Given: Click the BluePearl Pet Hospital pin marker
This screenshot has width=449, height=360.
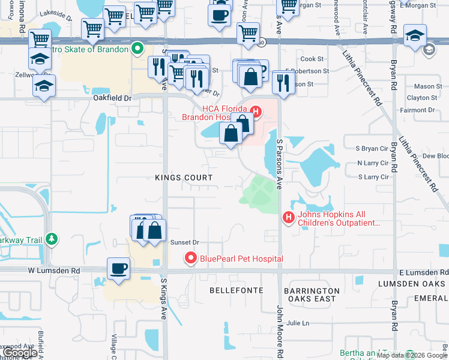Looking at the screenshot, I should [x=191, y=259].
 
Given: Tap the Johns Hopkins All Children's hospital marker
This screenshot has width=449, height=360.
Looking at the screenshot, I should [x=288, y=217].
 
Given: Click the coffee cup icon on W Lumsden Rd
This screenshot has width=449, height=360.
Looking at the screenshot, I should [x=119, y=268].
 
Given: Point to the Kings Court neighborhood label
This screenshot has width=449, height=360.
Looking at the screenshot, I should [x=184, y=178].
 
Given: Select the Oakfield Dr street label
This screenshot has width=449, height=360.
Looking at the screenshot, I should [x=112, y=97].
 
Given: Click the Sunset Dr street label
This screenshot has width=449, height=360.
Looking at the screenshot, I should [x=184, y=242].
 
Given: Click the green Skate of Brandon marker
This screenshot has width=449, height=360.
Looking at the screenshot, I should [x=137, y=48].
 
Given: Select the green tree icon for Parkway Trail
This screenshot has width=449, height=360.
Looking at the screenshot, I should [x=52, y=240].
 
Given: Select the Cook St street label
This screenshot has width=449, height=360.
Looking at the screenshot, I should [x=312, y=59].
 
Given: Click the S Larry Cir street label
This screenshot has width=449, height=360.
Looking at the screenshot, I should [x=373, y=177].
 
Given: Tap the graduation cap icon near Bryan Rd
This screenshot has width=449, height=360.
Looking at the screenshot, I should [x=415, y=35].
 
